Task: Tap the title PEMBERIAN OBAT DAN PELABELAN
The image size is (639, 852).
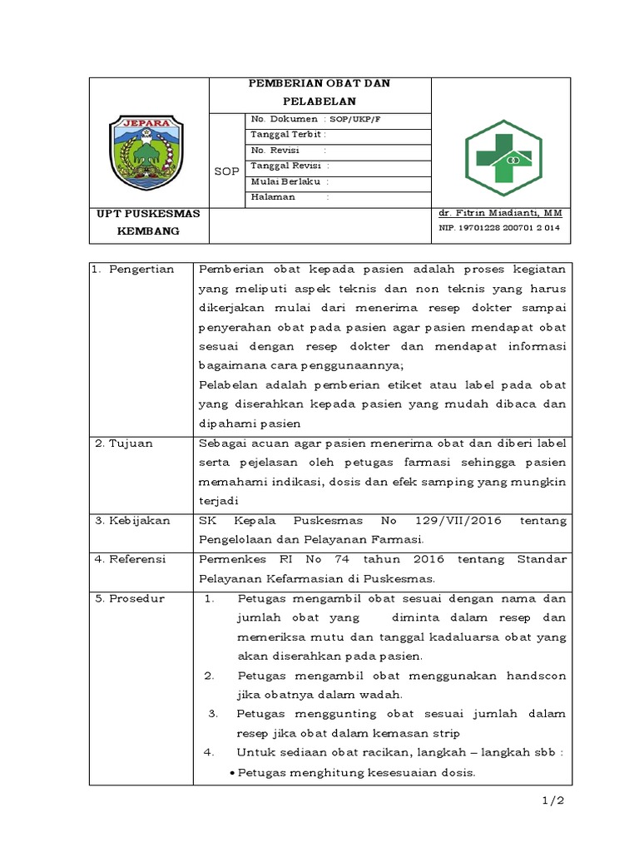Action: pyautogui.click(x=320, y=92)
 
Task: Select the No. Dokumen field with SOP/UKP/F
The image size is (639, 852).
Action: pyautogui.click(x=315, y=120)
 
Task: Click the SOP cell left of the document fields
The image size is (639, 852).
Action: pyautogui.click(x=226, y=171)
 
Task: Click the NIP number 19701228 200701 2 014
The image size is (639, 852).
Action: pyautogui.click(x=499, y=227)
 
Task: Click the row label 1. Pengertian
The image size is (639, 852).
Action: pyautogui.click(x=133, y=270)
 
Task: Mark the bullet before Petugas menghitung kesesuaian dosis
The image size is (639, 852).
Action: pyautogui.click(x=232, y=772)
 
